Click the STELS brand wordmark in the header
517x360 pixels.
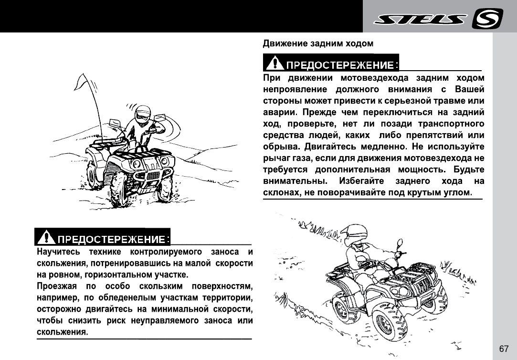[420, 19]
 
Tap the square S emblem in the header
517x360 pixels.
[487, 19]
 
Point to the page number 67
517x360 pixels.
[504, 349]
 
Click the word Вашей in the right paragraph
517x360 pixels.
[470, 89]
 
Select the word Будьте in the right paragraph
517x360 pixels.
[469, 169]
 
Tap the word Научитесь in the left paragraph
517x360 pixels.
[54, 252]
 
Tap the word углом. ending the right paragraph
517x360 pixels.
[457, 192]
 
